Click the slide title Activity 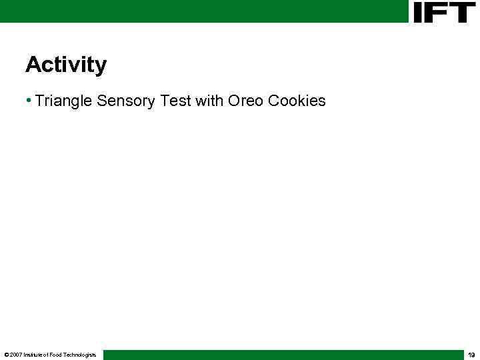(65, 65)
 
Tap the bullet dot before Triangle (29, 101)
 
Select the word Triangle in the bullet (64, 101)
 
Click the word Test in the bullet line (175, 101)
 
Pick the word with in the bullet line (209, 101)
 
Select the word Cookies (297, 101)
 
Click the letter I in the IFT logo (419, 12)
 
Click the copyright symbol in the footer (6, 355)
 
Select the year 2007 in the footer (15, 355)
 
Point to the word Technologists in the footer (80, 355)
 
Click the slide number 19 (471, 355)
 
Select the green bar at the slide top (200, 11)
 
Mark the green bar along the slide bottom (280, 355)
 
